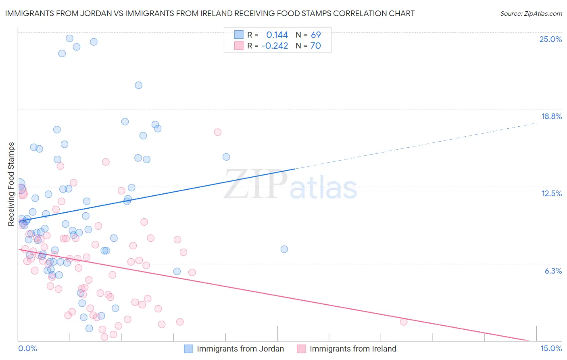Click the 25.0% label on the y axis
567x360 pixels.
(550, 39)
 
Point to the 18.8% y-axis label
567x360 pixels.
(551, 116)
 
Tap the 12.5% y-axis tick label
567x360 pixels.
(551, 193)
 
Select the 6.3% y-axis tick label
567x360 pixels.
(553, 271)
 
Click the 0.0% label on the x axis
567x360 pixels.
(27, 348)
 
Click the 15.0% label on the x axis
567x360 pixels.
(551, 348)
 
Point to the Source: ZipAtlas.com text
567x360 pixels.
(531, 13)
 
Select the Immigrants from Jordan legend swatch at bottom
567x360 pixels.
(188, 349)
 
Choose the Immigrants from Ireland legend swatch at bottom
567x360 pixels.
(301, 349)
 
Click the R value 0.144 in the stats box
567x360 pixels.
(277, 35)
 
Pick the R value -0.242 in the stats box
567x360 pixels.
(275, 46)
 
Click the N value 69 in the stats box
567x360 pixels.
(316, 35)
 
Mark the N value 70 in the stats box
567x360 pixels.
(316, 46)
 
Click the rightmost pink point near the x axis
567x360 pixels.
(404, 322)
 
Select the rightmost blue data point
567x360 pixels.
(284, 249)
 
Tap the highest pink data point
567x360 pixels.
(218, 132)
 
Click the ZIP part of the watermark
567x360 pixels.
(256, 184)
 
